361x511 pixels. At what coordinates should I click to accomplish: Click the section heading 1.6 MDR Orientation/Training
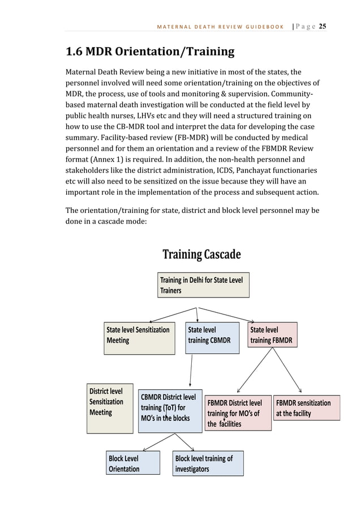coord(150,52)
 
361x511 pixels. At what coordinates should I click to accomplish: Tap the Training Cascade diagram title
coord(201,254)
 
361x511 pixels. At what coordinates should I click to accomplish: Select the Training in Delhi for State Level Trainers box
coord(203,285)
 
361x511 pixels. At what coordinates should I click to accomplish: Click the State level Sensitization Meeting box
coord(139,338)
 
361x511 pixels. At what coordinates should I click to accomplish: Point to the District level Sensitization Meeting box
coord(110,408)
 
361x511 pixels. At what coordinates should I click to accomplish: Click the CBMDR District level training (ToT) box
coord(169,409)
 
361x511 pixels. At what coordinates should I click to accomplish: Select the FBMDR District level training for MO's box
coord(237,412)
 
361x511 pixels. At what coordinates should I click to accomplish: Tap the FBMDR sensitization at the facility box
coord(306,407)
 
